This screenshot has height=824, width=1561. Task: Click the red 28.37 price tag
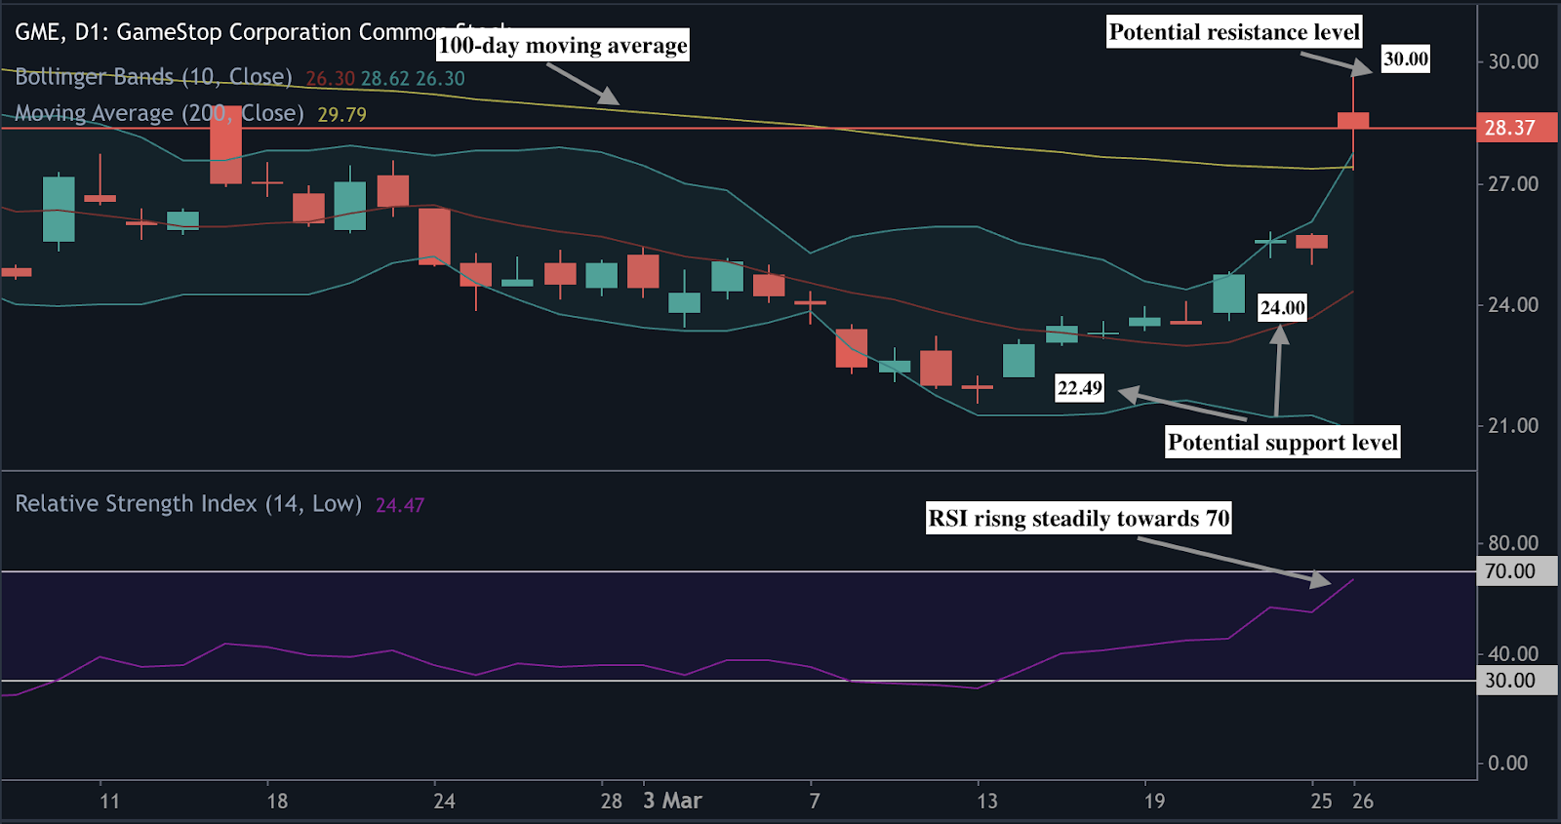tap(1509, 128)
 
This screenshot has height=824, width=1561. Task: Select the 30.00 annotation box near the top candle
tap(1406, 59)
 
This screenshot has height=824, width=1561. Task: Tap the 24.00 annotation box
tap(1282, 308)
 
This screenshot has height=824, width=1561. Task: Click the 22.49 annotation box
tap(1080, 388)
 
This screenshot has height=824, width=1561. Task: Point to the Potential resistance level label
tap(1234, 32)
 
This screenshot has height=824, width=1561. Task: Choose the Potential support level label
tap(1283, 443)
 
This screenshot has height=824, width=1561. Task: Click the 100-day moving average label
tap(563, 46)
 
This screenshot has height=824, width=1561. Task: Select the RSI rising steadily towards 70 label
tap(1078, 518)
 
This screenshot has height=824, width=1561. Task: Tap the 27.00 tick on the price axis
tap(1512, 184)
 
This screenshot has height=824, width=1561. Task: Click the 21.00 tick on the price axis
tap(1512, 426)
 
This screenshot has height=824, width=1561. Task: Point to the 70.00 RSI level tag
tap(1509, 571)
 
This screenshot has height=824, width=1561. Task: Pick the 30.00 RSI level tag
tap(1509, 681)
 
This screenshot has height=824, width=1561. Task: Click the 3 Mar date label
tap(672, 801)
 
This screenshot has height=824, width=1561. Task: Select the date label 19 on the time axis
tap(1154, 802)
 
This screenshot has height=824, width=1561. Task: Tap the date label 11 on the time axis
tap(109, 802)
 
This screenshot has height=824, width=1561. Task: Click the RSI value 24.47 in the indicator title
tap(400, 505)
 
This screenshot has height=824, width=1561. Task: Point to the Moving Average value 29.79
tap(341, 115)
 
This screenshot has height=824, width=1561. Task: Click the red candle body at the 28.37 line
tap(1353, 120)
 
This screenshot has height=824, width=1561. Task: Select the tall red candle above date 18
tap(226, 144)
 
